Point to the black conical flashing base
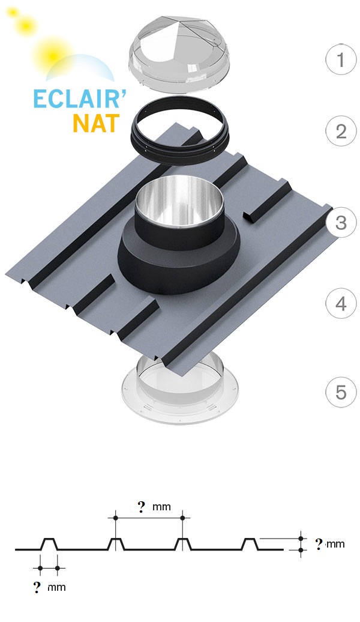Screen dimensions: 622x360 point(177,264)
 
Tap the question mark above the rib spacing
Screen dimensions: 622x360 point(142,507)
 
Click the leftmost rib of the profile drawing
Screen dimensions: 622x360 point(48,544)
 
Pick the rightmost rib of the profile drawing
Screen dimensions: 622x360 point(250,544)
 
